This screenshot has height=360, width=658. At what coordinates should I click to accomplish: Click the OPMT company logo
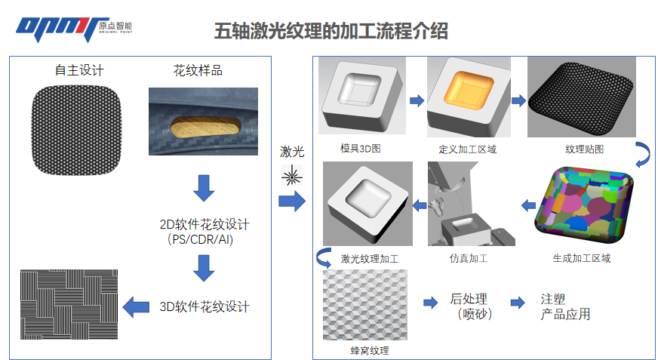pyautogui.click(x=74, y=29)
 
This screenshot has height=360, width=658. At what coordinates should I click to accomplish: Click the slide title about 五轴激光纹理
pyautogui.click(x=331, y=31)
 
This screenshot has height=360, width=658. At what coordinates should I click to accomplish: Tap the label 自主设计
pyautogui.click(x=79, y=70)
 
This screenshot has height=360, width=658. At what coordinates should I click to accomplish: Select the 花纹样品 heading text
pyautogui.click(x=198, y=70)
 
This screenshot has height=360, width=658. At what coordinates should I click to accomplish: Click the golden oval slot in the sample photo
pyautogui.click(x=205, y=128)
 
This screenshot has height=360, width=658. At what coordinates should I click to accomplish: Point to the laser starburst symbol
pyautogui.click(x=292, y=175)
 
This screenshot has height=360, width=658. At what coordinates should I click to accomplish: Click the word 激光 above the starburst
pyautogui.click(x=292, y=152)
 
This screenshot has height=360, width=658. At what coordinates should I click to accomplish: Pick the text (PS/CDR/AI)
pyautogui.click(x=200, y=239)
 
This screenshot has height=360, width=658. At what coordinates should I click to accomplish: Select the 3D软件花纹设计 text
pyautogui.click(x=204, y=306)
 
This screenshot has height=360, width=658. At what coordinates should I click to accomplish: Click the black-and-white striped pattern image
pyautogui.click(x=69, y=304)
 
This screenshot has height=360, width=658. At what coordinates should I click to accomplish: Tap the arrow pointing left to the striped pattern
pyautogui.click(x=136, y=306)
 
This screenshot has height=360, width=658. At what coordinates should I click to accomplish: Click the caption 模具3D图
pyautogui.click(x=361, y=149)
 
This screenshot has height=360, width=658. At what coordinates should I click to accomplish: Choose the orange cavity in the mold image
pyautogui.click(x=469, y=91)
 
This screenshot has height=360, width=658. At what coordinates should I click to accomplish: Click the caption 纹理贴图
pyautogui.click(x=584, y=149)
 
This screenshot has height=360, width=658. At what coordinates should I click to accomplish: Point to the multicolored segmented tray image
pyautogui.click(x=584, y=205)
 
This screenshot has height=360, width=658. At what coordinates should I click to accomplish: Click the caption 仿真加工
pyautogui.click(x=469, y=258)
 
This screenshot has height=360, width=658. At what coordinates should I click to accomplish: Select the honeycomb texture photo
pyautogui.click(x=365, y=305)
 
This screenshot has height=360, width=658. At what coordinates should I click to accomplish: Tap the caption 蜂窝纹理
pyautogui.click(x=369, y=350)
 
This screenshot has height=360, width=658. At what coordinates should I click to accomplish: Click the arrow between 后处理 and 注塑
pyautogui.click(x=518, y=303)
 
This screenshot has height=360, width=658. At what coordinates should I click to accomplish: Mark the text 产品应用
pyautogui.click(x=565, y=314)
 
